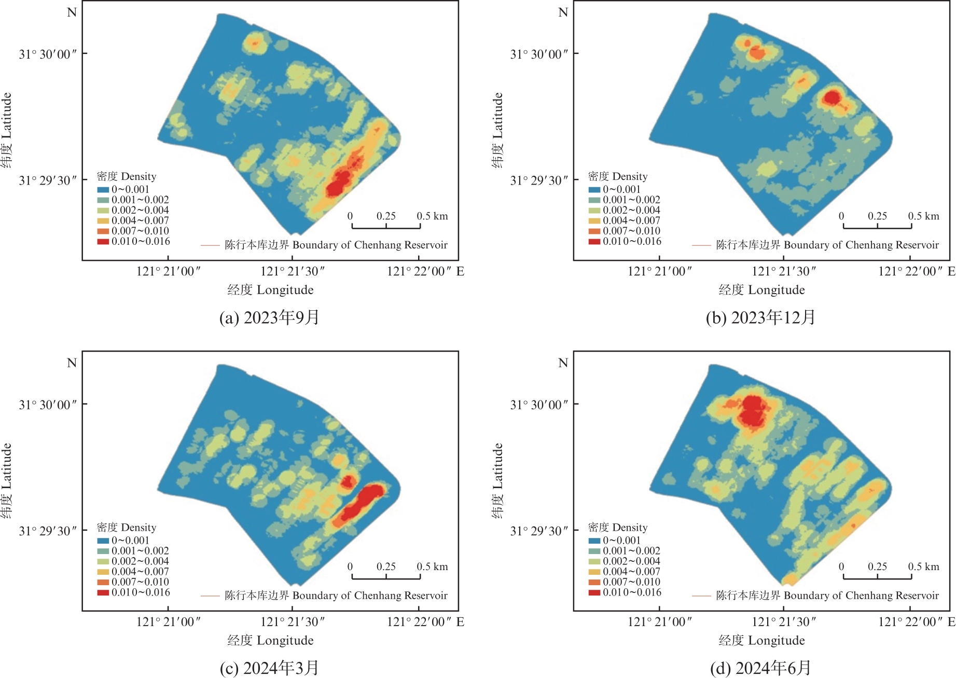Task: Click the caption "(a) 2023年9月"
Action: [269, 317]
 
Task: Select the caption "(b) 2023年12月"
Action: [760, 317]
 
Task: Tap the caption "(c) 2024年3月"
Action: [269, 668]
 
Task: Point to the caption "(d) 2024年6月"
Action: [760, 668]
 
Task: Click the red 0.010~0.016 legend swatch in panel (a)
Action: [103, 241]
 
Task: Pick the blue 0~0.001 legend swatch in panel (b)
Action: [594, 189]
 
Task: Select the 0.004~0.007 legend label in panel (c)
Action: [140, 572]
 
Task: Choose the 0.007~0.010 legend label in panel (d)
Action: [631, 582]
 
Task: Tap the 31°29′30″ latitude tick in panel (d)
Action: [539, 531]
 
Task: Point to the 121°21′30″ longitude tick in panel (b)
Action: [783, 271]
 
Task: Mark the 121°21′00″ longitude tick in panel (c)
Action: [168, 621]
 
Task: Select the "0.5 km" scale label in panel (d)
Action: [923, 566]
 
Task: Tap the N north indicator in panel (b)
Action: [563, 12]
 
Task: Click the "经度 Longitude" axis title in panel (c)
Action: [270, 640]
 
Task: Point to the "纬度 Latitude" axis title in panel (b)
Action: [497, 130]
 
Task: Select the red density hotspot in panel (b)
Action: [832, 97]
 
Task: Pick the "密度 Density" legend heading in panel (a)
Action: [126, 176]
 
